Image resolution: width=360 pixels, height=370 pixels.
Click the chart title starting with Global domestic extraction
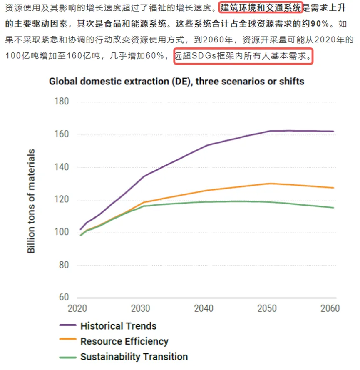176,81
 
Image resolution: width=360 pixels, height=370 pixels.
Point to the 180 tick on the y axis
61,102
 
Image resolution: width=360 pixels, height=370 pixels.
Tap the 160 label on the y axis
61,135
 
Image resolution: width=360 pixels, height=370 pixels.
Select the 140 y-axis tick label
61,167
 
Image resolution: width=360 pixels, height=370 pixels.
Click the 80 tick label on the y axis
63,265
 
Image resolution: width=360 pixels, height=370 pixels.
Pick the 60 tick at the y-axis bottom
63,298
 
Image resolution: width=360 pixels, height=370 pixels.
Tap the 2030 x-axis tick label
141,309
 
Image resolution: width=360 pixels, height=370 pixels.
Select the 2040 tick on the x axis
204,309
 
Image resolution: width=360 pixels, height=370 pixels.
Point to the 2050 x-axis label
267,309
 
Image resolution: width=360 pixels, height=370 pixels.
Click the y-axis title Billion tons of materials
32,201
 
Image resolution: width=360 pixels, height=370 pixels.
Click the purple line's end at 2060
333,132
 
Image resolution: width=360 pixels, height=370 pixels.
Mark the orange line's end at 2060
333,188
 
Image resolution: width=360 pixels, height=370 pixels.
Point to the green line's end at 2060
333,208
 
